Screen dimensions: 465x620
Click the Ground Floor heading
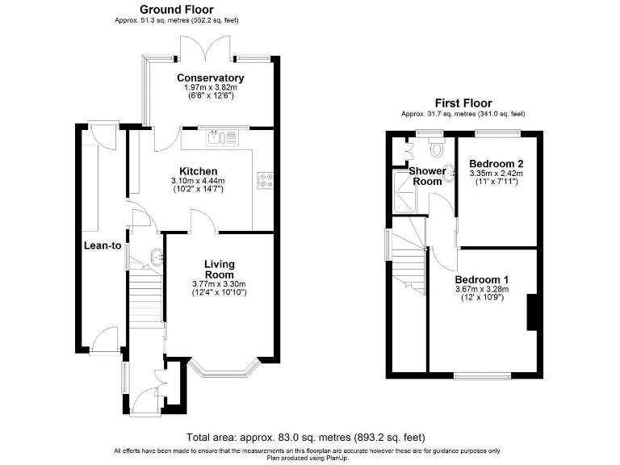[177, 10]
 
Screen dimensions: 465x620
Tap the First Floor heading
[463, 103]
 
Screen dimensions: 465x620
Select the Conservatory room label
[211, 78]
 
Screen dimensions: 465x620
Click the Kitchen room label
[198, 171]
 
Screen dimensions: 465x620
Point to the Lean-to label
[103, 245]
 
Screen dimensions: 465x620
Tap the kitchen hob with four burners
[265, 182]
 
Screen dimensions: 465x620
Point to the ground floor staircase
[145, 300]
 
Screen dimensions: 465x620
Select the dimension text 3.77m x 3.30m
[219, 283]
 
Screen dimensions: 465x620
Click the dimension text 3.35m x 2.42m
[496, 173]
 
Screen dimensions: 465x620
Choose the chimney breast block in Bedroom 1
[533, 312]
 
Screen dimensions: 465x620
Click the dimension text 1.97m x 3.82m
[211, 87]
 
